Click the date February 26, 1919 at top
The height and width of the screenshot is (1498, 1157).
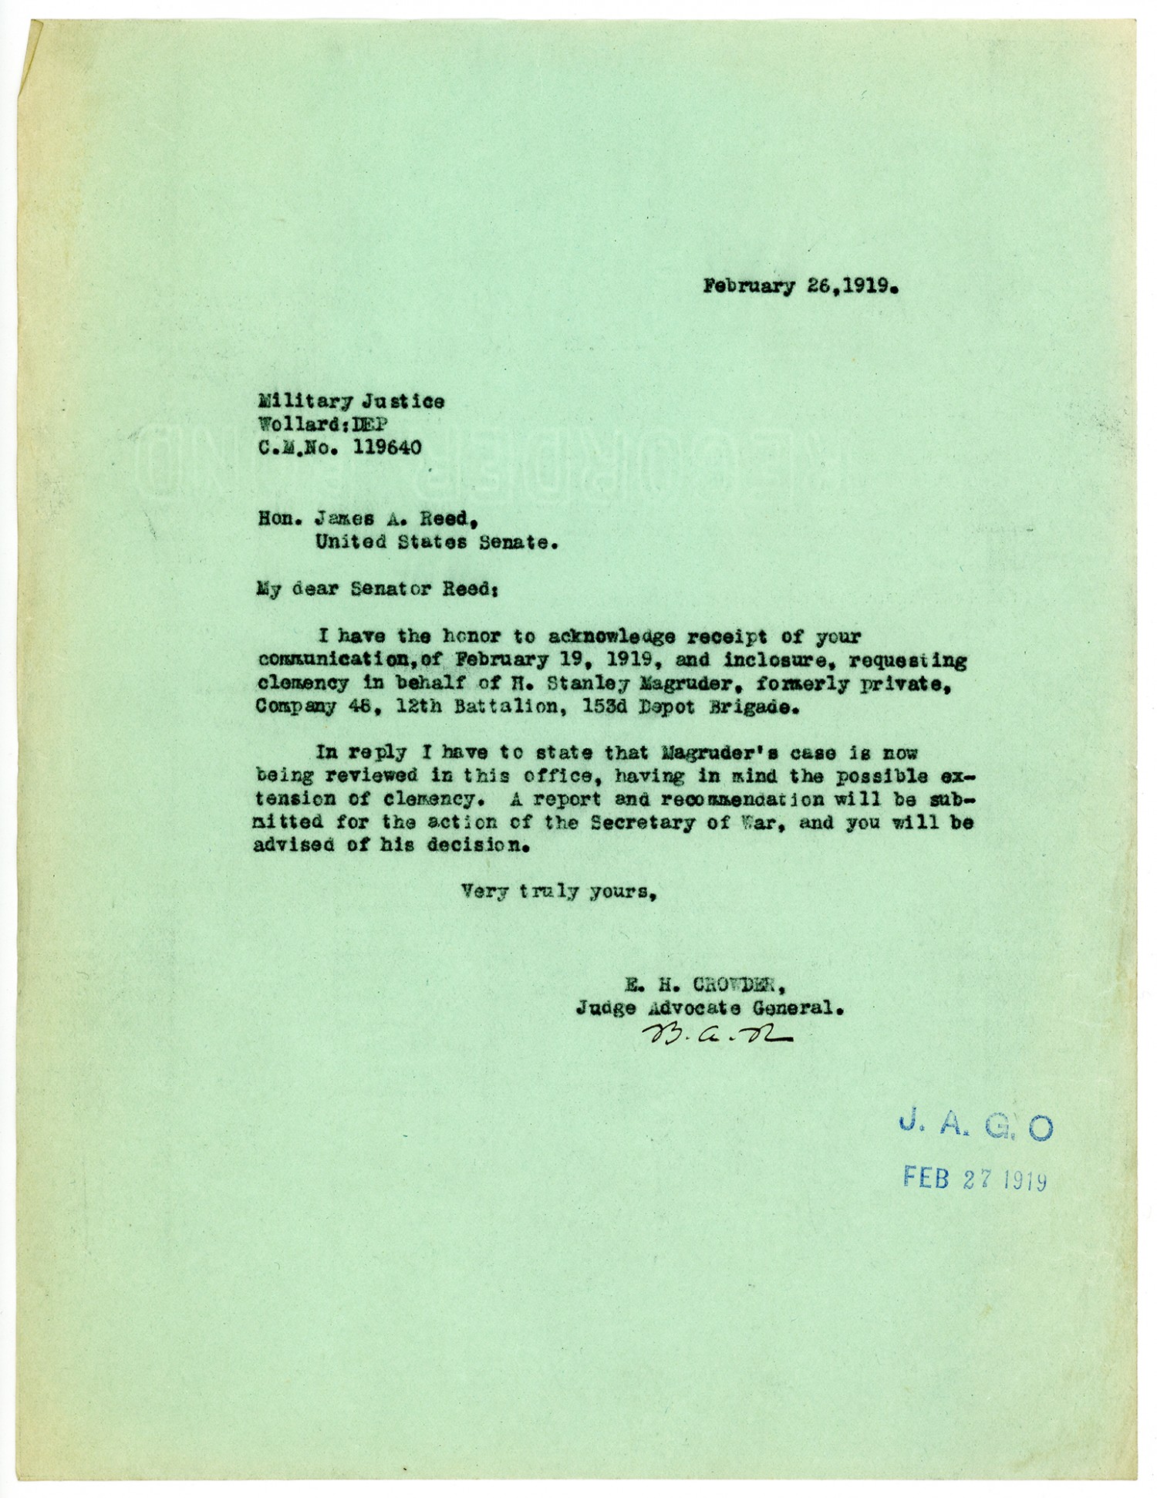point(800,287)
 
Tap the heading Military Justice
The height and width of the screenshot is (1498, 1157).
point(351,401)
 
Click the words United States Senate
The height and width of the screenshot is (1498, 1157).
point(435,542)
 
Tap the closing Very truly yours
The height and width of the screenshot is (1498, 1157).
point(559,892)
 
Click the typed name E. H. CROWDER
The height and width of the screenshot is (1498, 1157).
point(706,985)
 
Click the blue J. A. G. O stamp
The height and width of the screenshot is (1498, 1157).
point(976,1128)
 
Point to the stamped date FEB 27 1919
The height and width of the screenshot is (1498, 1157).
point(975,1179)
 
